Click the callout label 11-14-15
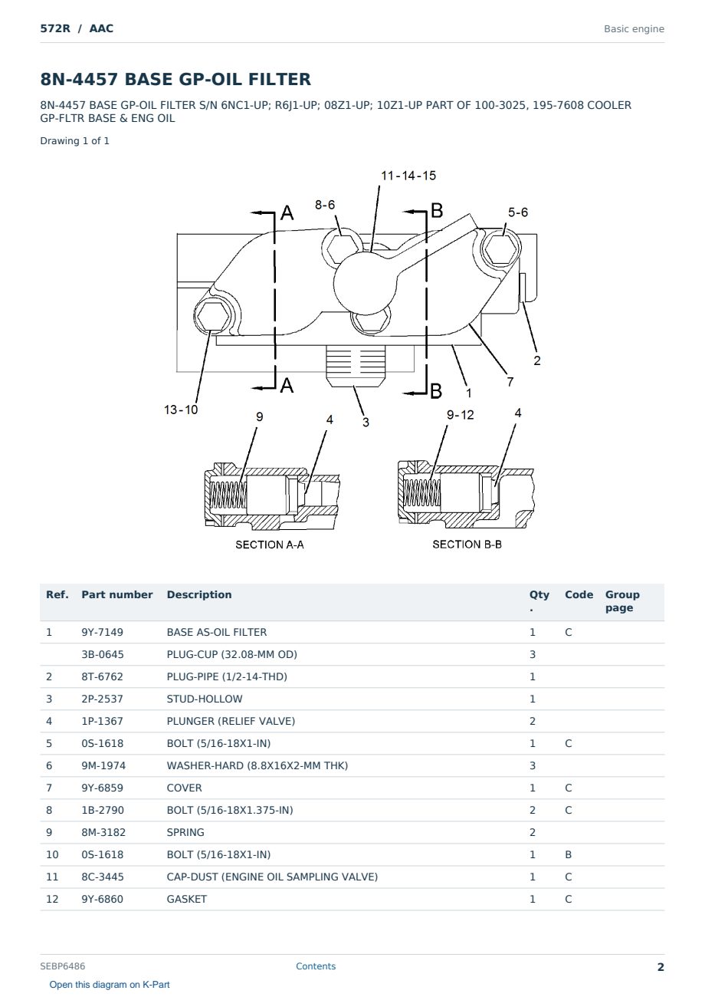(408, 176)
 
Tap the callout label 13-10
(181, 410)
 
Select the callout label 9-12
(461, 415)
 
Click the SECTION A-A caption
(270, 545)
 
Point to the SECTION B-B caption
(467, 545)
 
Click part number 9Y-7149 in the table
(103, 632)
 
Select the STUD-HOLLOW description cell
(205, 699)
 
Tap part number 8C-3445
(103, 877)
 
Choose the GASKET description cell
(187, 899)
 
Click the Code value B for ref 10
(568, 854)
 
